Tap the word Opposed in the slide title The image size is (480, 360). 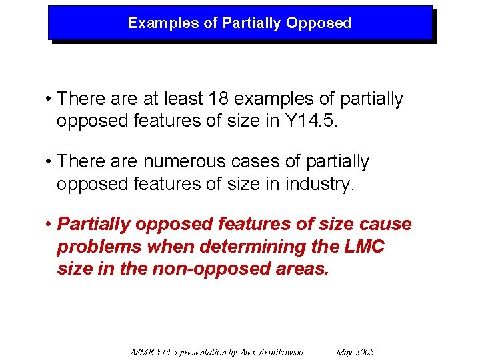coord(318,23)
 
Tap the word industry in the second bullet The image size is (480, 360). coord(320,185)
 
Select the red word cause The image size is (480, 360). coord(385,225)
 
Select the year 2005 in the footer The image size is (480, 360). coord(364,352)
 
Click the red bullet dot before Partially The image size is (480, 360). coord(49,225)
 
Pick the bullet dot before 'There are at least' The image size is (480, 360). coord(49,99)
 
